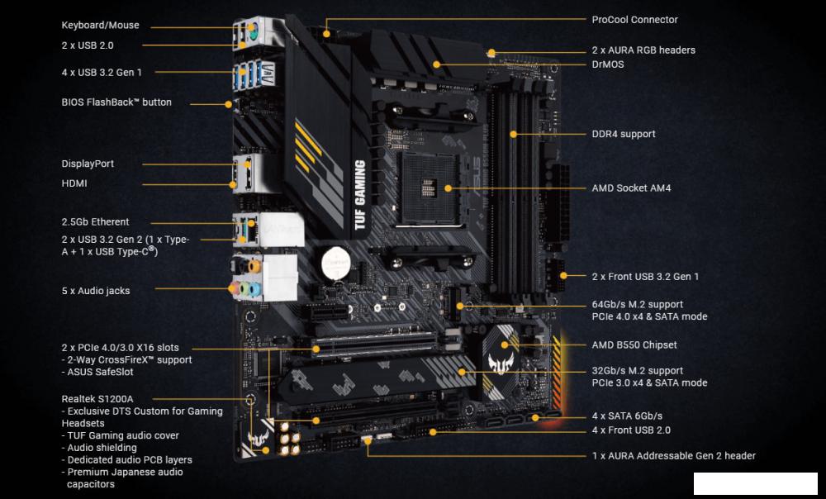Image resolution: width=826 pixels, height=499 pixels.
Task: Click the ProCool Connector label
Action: (634, 20)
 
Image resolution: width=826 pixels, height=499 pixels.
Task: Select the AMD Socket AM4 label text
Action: (631, 188)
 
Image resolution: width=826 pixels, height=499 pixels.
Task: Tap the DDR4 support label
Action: (624, 134)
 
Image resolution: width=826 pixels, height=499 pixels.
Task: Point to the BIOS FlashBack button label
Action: (116, 102)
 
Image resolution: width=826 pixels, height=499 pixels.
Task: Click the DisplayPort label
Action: (88, 164)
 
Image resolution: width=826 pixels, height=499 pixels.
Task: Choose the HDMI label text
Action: (74, 183)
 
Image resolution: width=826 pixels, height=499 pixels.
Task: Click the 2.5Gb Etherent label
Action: (95, 221)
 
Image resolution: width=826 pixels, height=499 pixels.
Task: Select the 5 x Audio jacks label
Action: (95, 291)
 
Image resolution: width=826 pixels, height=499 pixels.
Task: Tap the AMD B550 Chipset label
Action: (634, 345)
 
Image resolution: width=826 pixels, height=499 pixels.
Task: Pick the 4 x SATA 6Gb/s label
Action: (627, 416)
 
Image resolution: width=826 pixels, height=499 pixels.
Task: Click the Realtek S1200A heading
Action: (97, 399)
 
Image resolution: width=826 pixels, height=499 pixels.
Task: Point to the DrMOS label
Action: (608, 64)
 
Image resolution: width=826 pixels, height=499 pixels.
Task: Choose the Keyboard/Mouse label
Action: (100, 26)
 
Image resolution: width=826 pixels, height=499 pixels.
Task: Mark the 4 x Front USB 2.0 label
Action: (631, 430)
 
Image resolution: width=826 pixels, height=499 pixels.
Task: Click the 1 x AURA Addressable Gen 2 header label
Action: (673, 455)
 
